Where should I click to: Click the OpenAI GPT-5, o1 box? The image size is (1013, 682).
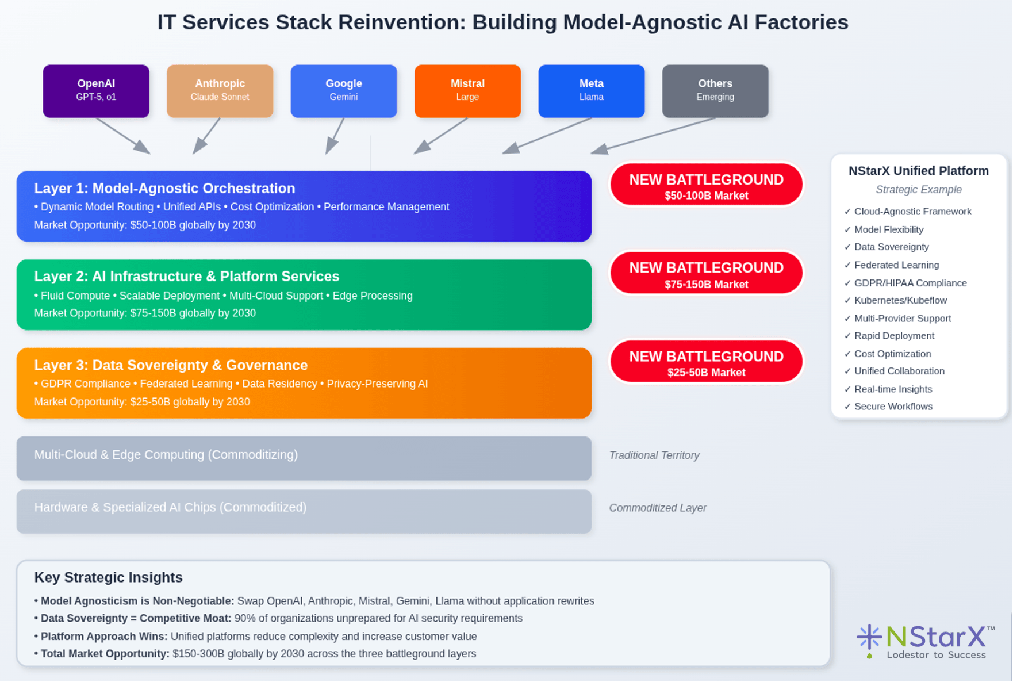(x=96, y=91)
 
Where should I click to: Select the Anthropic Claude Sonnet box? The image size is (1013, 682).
(x=220, y=91)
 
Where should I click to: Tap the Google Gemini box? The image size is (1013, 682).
(x=344, y=91)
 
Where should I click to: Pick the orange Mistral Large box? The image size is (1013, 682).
(x=467, y=91)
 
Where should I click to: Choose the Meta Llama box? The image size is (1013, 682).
(x=591, y=91)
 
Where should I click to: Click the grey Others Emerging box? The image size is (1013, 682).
(x=715, y=91)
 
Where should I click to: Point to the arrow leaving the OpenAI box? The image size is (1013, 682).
(x=123, y=136)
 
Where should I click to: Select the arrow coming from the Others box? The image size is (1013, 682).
(x=653, y=136)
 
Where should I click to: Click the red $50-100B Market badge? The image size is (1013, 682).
(x=706, y=185)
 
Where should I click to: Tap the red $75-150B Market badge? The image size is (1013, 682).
(x=706, y=273)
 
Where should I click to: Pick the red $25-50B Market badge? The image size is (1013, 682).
(x=706, y=362)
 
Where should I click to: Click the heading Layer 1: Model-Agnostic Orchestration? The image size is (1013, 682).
(x=164, y=189)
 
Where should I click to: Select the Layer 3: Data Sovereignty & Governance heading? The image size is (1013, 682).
(x=171, y=365)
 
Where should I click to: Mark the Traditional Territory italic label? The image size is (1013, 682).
(x=654, y=455)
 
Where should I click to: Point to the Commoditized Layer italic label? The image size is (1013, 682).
(x=658, y=508)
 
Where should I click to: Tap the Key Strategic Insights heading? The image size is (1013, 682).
(x=108, y=577)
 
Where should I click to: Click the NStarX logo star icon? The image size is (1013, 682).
(x=869, y=638)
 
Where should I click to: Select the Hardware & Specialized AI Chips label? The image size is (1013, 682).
(x=170, y=507)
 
